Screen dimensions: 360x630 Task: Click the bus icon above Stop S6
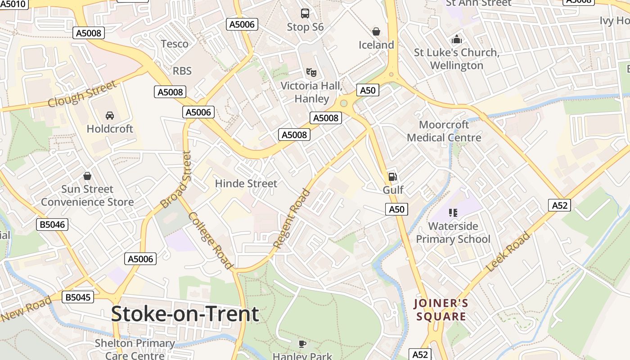pyautogui.click(x=305, y=13)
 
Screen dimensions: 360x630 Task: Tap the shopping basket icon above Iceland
pyautogui.click(x=376, y=31)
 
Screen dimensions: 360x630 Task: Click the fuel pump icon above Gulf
pyautogui.click(x=393, y=176)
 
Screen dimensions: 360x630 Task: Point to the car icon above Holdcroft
pyautogui.click(x=110, y=116)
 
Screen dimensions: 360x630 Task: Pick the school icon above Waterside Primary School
pyautogui.click(x=453, y=213)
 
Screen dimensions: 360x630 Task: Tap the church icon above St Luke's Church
pyautogui.click(x=457, y=40)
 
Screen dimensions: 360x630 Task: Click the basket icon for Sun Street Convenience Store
pyautogui.click(x=87, y=176)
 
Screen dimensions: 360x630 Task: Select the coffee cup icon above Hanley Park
pyautogui.click(x=302, y=344)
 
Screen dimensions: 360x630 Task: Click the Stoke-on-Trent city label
pyautogui.click(x=185, y=314)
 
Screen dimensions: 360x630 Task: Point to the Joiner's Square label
pyautogui.click(x=441, y=310)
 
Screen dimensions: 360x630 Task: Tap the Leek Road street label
pyautogui.click(x=509, y=252)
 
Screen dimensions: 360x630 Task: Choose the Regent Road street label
pyautogui.click(x=292, y=219)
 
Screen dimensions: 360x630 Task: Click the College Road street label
pyautogui.click(x=211, y=241)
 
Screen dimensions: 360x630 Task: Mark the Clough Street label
pyautogui.click(x=82, y=94)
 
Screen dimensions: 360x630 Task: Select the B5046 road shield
pyautogui.click(x=52, y=224)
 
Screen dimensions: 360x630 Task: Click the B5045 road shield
pyautogui.click(x=78, y=297)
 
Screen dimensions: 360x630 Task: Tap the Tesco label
pyautogui.click(x=175, y=44)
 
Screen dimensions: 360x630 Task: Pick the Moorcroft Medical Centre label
pyautogui.click(x=444, y=131)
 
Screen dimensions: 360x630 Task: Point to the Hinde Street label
pyautogui.click(x=246, y=184)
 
